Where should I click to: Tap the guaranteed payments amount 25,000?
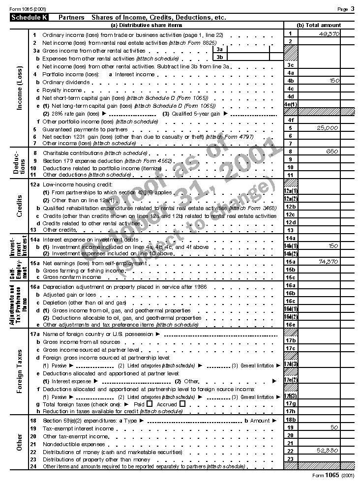coord(328,128)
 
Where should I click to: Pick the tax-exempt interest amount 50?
coord(334,427)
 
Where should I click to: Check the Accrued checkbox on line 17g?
coord(182,404)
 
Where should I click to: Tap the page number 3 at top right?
coord(352,9)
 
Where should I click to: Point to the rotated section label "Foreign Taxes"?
coord(19,371)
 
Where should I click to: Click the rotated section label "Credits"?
coord(19,206)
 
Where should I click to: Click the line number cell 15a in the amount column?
coord(291,262)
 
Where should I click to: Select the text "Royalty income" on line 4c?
coord(62,91)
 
